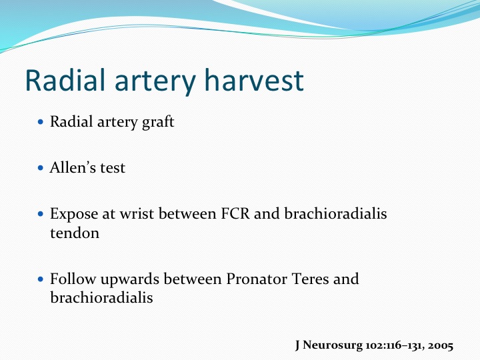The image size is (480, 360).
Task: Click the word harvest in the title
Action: (254, 81)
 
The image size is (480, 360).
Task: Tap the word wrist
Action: (137, 214)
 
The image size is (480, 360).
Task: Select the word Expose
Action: (74, 214)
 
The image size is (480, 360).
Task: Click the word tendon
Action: (75, 233)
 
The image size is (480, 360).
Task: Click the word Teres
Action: (310, 279)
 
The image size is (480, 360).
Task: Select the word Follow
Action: (73, 279)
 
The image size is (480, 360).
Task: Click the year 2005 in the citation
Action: (440, 345)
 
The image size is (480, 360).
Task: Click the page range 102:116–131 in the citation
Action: (395, 345)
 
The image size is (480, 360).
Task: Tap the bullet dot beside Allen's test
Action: (41, 168)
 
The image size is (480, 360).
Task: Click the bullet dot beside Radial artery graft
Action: (41, 122)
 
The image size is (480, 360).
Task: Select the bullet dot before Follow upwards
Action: (41, 279)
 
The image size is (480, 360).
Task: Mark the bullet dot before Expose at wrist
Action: (41, 214)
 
